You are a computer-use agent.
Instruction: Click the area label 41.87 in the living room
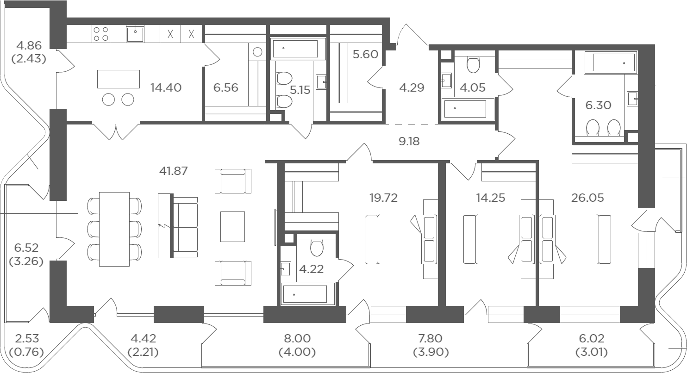173,171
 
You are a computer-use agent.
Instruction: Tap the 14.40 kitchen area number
166,87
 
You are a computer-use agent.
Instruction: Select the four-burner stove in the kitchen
101,34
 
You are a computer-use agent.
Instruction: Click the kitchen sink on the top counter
135,34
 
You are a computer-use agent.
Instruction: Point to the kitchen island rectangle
119,79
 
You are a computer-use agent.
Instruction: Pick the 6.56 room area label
226,87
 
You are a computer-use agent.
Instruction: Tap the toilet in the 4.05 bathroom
473,64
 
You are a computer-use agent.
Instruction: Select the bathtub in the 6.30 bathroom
611,62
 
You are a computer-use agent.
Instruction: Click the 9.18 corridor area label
409,141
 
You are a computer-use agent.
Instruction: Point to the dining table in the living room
114,229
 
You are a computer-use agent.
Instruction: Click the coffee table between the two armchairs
232,227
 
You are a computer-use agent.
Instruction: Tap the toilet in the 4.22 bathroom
317,248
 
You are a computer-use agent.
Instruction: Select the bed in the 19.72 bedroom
402,239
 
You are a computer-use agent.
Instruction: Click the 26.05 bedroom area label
587,198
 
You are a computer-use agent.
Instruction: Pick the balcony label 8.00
298,338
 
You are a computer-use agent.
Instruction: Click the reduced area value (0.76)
26,352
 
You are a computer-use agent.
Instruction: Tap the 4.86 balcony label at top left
29,45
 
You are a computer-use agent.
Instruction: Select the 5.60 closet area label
365,54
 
